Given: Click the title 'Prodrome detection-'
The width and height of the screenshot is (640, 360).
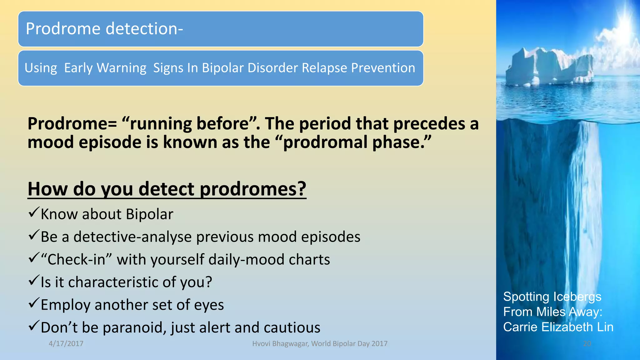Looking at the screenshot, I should coord(104,29).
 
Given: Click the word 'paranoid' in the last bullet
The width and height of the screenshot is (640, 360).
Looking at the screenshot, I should coord(134,327).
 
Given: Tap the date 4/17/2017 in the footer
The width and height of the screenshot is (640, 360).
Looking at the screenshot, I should coord(66,343).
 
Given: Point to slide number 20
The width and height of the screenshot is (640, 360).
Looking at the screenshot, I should coord(587,343).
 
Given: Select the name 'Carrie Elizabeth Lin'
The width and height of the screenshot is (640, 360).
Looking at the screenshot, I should coord(558,327).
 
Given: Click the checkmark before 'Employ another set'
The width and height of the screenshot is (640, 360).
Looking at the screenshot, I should coord(33,303).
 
